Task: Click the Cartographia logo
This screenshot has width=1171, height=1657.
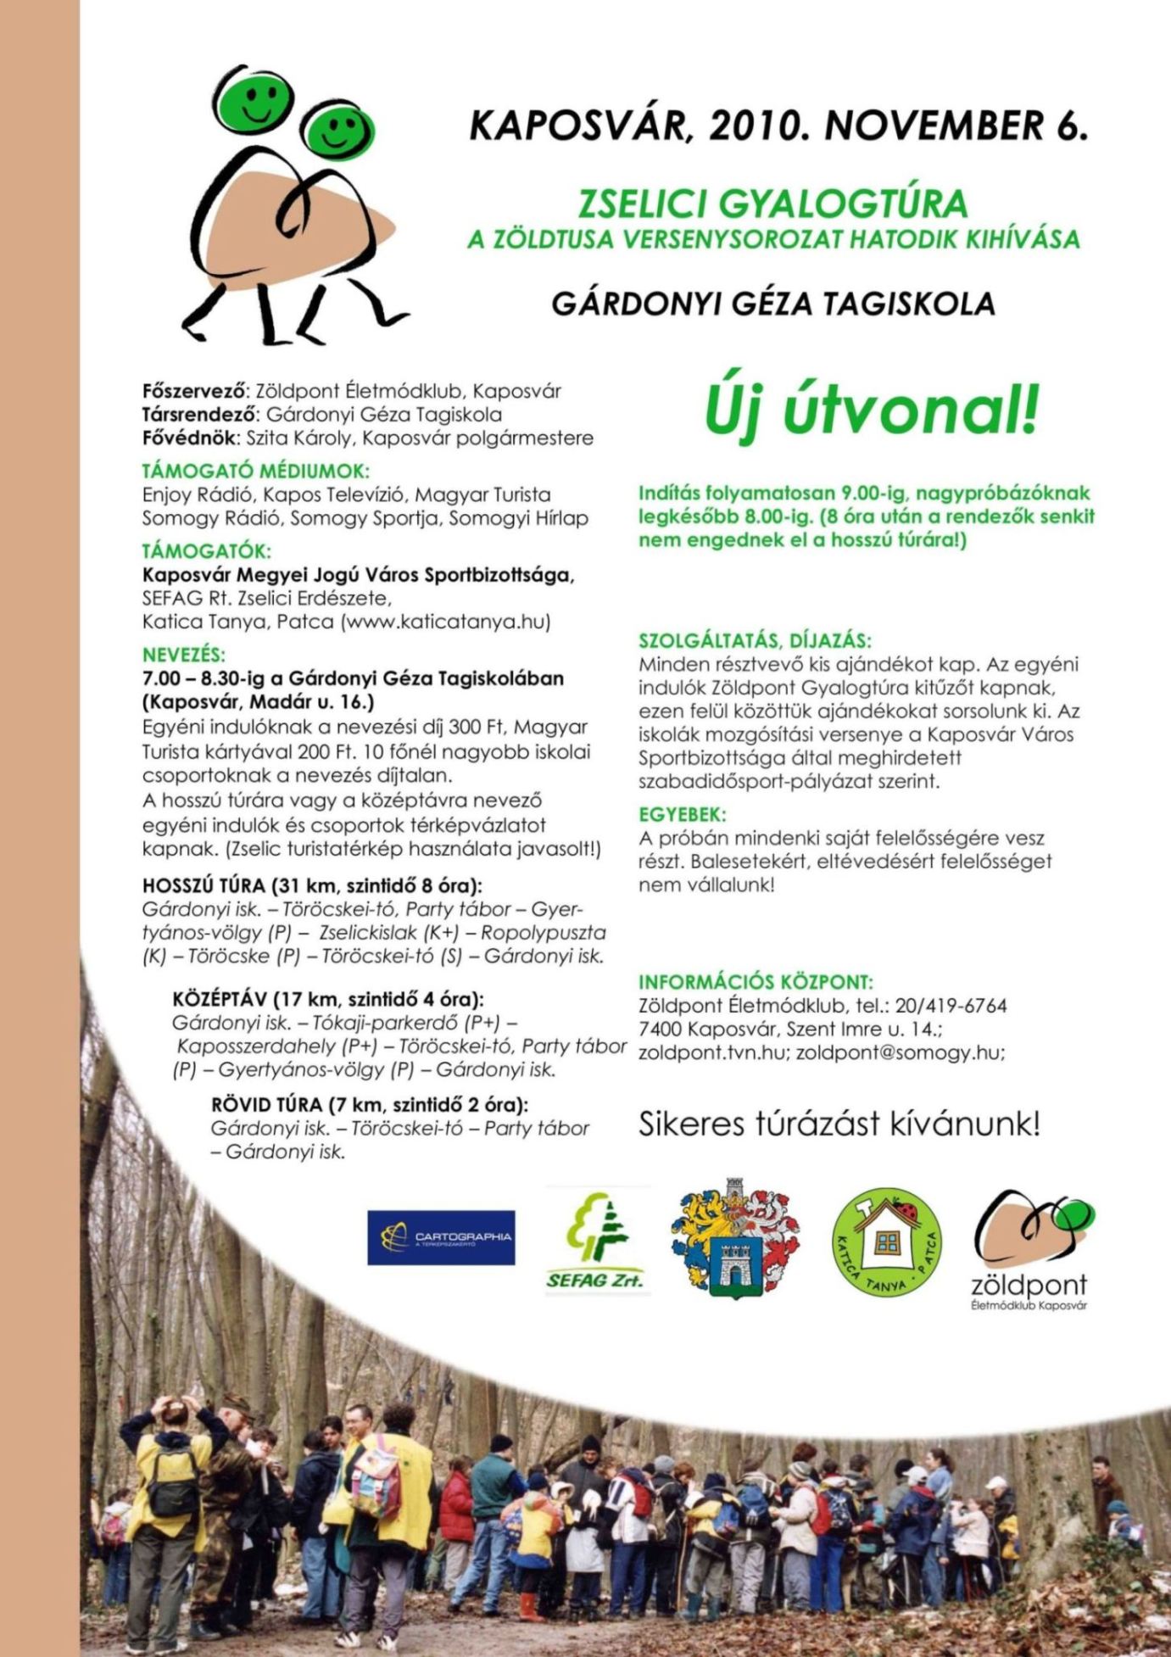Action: click(x=441, y=1237)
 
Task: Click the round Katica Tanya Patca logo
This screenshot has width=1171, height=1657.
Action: click(x=886, y=1241)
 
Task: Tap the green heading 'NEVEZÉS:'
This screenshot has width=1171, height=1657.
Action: click(x=184, y=655)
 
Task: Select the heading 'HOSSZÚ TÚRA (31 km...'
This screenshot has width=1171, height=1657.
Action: click(x=312, y=886)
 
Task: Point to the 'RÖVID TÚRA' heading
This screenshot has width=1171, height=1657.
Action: click(x=369, y=1105)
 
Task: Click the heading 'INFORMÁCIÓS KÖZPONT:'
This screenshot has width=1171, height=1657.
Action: click(x=756, y=982)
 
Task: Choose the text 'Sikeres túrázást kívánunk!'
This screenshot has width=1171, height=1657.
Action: click(x=839, y=1124)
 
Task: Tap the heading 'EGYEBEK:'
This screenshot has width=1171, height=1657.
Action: click(x=682, y=814)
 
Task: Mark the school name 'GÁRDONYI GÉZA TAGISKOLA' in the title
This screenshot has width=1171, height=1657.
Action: click(x=772, y=304)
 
